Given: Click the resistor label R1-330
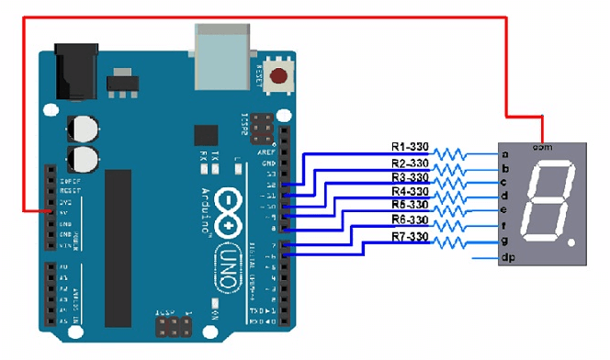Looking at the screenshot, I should click(x=410, y=146).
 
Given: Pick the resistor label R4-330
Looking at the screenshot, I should click(x=410, y=191).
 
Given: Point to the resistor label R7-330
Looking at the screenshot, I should click(x=410, y=237).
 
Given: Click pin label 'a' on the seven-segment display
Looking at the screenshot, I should click(x=504, y=154).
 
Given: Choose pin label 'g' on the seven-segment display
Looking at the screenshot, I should click(x=504, y=241).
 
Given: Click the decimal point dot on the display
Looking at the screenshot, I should click(x=572, y=244).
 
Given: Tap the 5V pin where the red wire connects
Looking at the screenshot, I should click(x=51, y=211).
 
